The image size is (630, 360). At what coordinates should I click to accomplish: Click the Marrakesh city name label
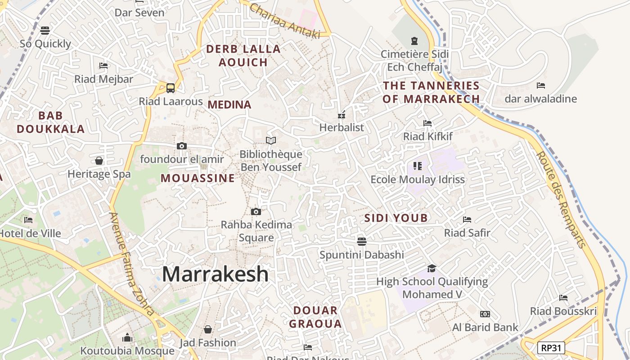pos(215,274)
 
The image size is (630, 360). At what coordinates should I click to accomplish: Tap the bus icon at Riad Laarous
pos(171,88)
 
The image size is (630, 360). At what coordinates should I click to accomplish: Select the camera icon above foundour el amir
pos(182,146)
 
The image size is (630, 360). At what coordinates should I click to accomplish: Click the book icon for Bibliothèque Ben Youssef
pos(270,141)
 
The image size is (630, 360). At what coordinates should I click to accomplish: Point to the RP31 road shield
pos(551,348)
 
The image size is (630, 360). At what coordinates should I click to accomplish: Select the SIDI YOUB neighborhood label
pos(396,218)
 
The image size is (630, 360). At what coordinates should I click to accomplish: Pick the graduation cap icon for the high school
pos(432,269)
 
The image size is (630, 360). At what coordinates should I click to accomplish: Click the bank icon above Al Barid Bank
pos(485,314)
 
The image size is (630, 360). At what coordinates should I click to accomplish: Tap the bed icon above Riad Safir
pos(467,220)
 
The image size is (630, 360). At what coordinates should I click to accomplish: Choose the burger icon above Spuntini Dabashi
pos(361,242)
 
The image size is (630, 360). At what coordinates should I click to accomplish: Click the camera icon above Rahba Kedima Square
pos(256,211)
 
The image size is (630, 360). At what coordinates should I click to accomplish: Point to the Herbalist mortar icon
pos(342,115)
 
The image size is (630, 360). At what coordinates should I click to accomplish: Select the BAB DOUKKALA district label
pos(50,122)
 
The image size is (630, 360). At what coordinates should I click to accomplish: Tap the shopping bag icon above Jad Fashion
pos(207,330)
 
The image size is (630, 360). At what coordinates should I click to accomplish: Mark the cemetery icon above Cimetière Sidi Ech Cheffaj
pos(414,41)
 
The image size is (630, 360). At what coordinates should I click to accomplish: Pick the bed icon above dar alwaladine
pos(540,85)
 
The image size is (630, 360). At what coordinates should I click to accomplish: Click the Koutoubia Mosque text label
pos(127,351)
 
